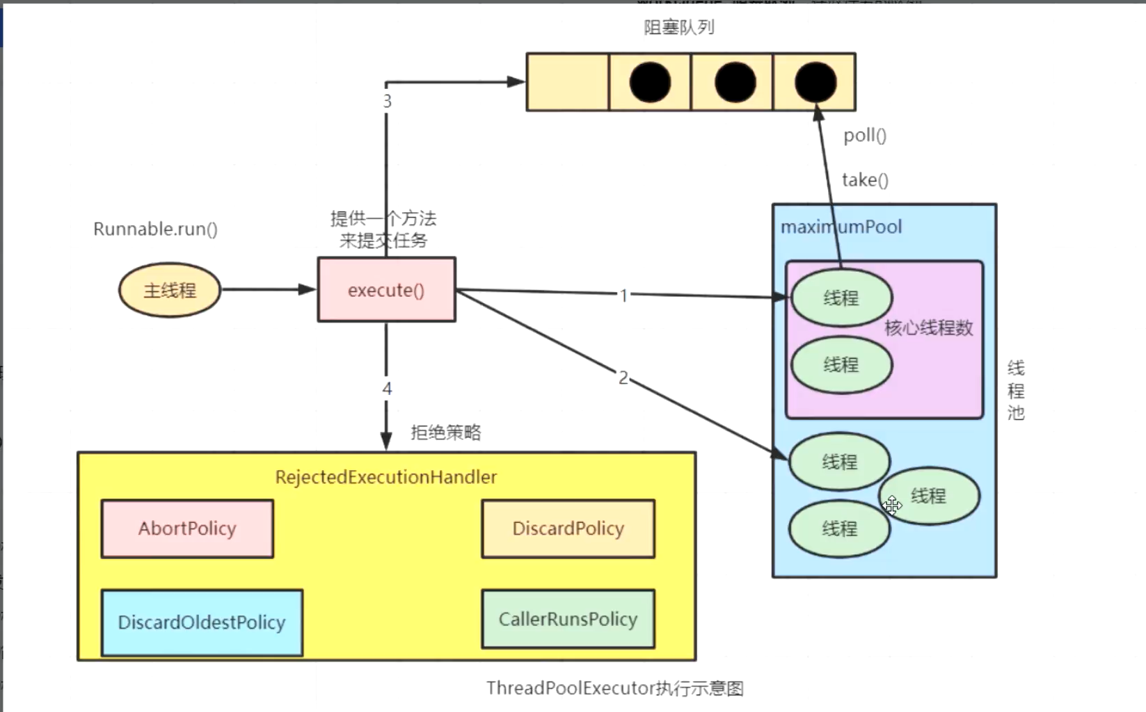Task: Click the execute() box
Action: [x=386, y=290]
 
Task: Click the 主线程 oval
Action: [x=170, y=290]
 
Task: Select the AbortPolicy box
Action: [x=187, y=528]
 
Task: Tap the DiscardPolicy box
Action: [x=568, y=528]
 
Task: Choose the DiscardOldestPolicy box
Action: [x=202, y=622]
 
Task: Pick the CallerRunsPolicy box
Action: [x=568, y=619]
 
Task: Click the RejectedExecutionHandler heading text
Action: [x=385, y=477]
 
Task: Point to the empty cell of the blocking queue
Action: [x=567, y=82]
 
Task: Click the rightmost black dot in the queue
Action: [x=815, y=82]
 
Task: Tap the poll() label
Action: [x=865, y=135]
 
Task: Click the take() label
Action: [x=865, y=180]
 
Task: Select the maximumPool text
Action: [x=841, y=227]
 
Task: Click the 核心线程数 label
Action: [x=928, y=327]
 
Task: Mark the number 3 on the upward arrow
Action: [x=387, y=102]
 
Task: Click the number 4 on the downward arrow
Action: [x=387, y=389]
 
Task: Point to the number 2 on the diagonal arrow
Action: [x=623, y=378]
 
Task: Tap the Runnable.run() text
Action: [x=155, y=229]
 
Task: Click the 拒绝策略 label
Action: [x=445, y=432]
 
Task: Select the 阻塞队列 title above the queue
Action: [x=678, y=27]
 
